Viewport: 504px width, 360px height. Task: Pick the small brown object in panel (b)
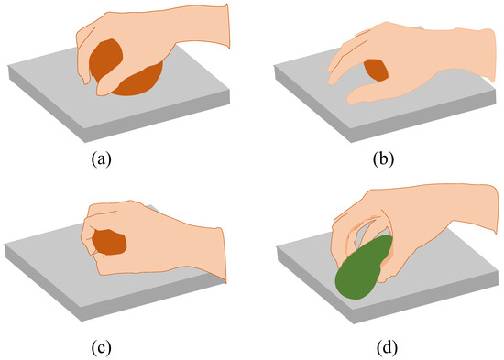click(376, 71)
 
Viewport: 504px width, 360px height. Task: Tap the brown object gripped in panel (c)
click(110, 243)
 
